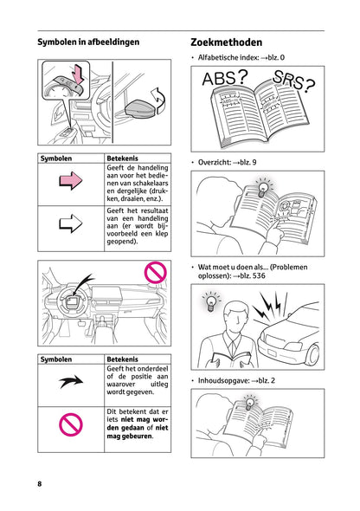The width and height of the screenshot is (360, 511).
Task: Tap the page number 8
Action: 40,482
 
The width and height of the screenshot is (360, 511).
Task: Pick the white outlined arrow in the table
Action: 70,225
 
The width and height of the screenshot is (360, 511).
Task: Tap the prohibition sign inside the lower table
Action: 70,424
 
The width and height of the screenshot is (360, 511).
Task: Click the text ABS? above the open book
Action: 224,80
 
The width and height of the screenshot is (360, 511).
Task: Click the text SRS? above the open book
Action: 292,81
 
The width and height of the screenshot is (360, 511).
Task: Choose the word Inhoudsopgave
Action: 223,380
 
